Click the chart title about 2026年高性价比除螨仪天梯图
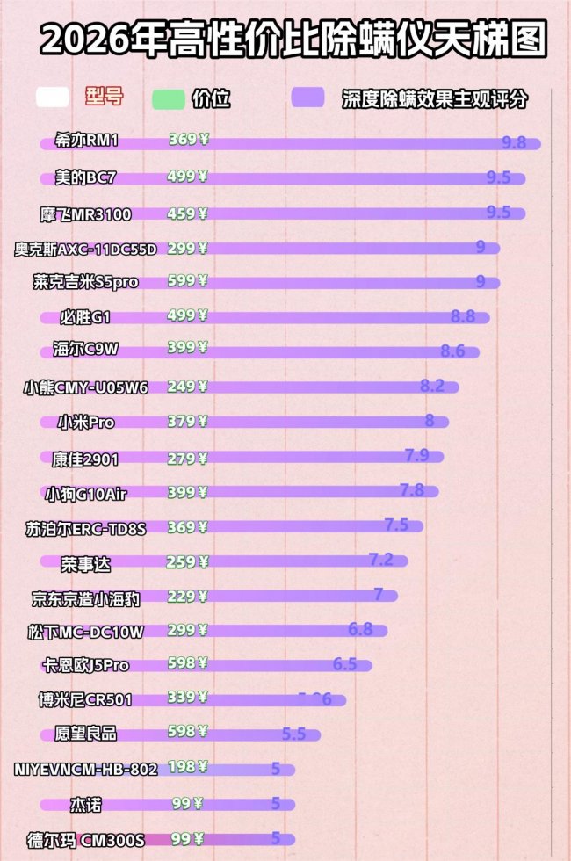click(293, 40)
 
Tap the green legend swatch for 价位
click(168, 98)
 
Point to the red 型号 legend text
click(105, 97)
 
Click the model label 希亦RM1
click(91, 141)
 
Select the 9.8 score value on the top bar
click(514, 142)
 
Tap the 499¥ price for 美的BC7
click(187, 177)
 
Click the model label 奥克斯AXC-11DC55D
click(85, 249)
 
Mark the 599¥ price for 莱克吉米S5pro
click(187, 281)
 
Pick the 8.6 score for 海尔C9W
click(452, 351)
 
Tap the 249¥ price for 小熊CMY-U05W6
click(187, 386)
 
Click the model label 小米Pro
click(86, 423)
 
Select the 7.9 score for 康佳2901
click(416, 454)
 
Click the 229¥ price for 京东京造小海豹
click(187, 597)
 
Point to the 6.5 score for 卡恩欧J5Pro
click(345, 663)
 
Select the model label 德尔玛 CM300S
click(86, 840)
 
